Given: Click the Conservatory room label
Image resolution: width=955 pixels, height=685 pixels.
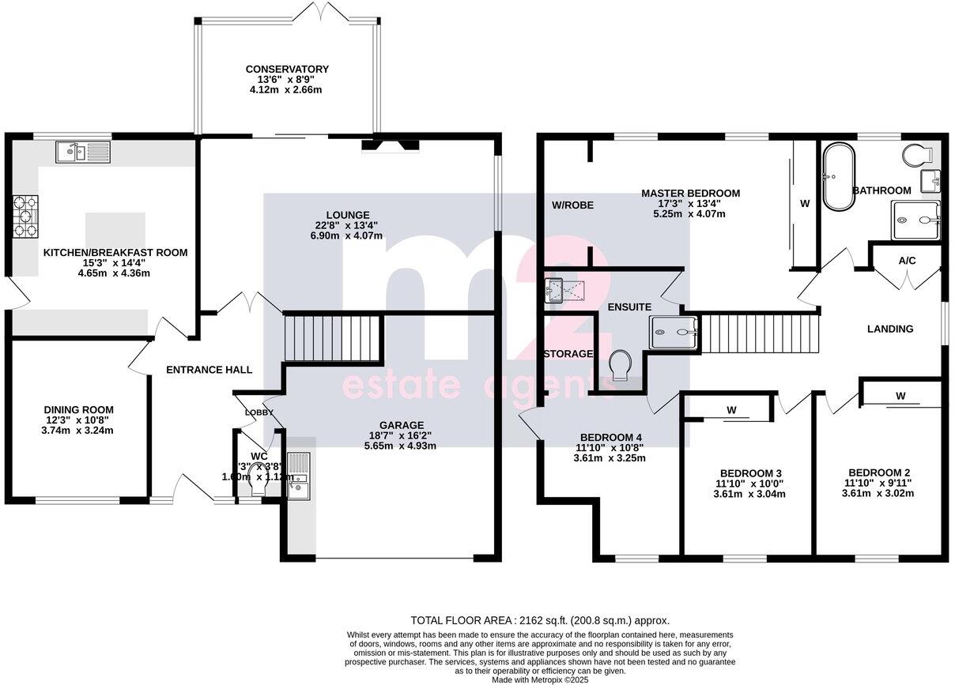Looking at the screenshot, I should [x=286, y=70].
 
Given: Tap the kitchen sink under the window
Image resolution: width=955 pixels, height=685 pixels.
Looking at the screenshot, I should [x=83, y=151].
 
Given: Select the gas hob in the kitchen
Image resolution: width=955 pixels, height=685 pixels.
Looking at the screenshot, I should [x=25, y=216].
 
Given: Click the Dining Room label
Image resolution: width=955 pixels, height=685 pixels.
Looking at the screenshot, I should [x=78, y=409].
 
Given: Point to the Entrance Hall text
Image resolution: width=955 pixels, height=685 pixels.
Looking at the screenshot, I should [x=209, y=369].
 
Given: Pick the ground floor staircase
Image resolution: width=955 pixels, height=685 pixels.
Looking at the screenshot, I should [x=332, y=337].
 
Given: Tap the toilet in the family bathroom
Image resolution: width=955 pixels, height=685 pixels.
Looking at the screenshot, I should [x=919, y=153].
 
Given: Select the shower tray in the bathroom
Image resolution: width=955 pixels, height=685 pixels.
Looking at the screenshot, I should [x=915, y=220].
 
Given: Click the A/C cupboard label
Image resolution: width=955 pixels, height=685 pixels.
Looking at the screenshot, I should [x=907, y=260].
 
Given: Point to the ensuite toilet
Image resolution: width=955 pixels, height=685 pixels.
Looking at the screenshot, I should [x=621, y=366].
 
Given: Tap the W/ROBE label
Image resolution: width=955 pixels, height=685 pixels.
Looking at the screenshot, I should [x=572, y=205].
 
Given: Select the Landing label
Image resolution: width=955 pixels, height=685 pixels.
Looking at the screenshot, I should [x=890, y=329].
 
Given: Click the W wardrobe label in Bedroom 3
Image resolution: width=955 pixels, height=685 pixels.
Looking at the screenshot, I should [x=731, y=410].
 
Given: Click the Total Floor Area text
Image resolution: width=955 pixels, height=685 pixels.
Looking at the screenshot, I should [x=540, y=620].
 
